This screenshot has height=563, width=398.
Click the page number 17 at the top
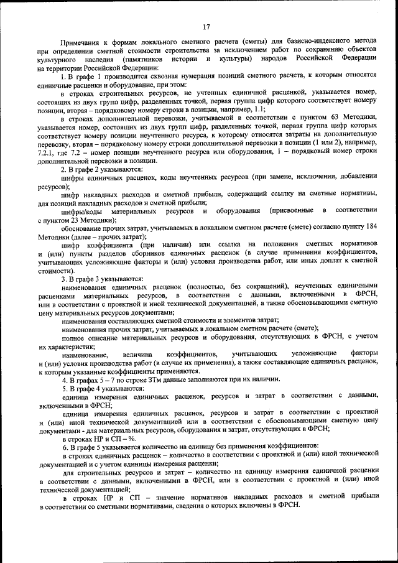point(206,26)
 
